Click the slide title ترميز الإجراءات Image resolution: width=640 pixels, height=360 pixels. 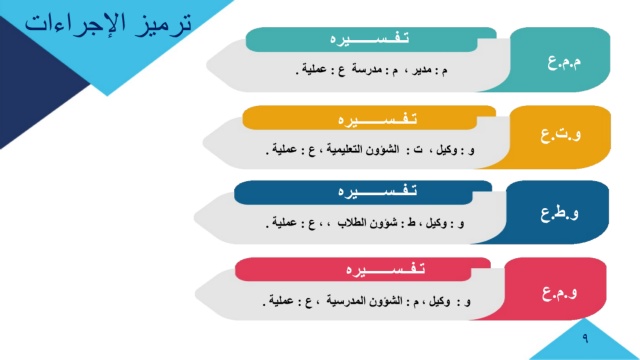coord(108,24)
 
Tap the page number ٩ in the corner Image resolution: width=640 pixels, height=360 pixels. coord(585,338)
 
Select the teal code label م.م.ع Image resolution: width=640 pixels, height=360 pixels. coord(564,62)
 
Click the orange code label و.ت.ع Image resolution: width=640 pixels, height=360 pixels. coord(561,135)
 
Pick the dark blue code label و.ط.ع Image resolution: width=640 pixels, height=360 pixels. coord(560,213)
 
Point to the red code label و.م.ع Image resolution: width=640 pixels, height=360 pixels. coord(560,292)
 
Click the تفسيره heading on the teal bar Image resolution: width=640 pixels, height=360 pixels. coord(369,39)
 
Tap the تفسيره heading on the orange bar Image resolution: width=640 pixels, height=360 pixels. coord(378,120)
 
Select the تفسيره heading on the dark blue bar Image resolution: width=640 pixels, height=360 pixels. coord(378,191)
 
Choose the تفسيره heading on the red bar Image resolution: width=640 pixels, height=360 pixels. coord(386,269)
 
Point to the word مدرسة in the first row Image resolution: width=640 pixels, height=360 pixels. coord(367,70)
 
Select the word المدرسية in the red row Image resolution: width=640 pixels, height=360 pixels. coord(345,301)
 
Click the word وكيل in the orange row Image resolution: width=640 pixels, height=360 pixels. coord(447,150)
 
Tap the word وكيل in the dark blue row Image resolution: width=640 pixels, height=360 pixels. coord(436,223)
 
